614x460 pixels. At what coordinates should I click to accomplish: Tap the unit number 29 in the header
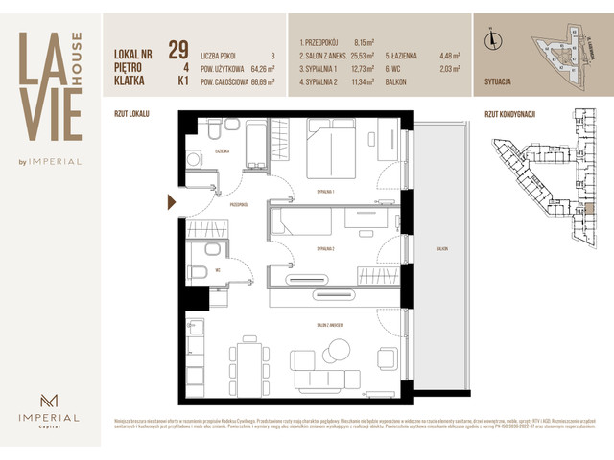pos(177,49)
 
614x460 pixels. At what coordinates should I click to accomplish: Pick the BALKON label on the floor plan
pos(440,248)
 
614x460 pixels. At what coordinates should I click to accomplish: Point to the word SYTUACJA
pos(506,83)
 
